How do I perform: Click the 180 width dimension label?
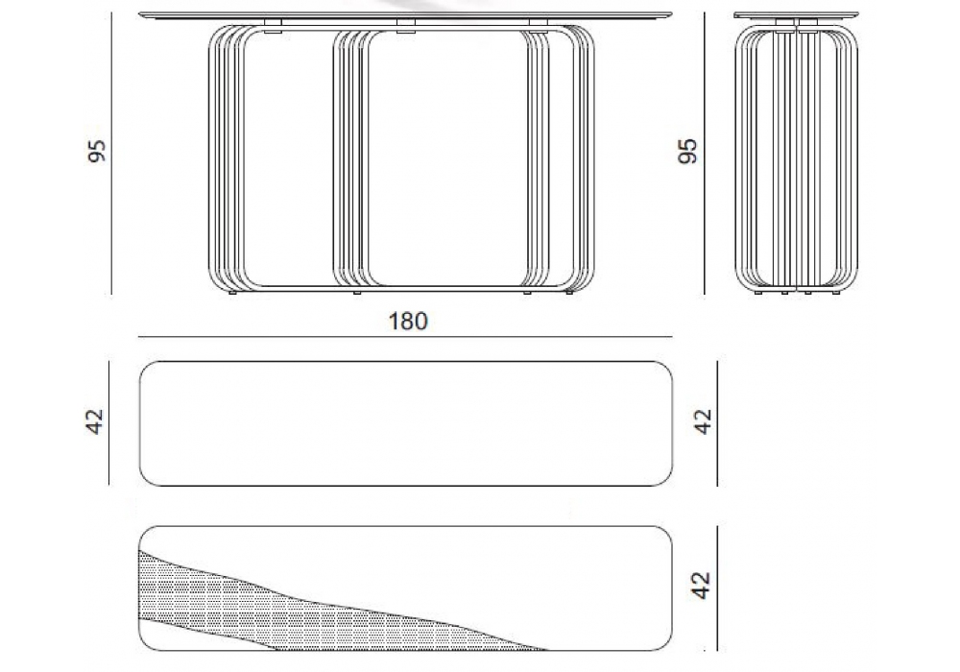click(x=408, y=322)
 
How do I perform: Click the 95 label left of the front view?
click(x=97, y=151)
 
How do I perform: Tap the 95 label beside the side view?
click(x=687, y=151)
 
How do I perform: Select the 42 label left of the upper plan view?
click(x=95, y=421)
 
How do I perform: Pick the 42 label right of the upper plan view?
click(x=703, y=421)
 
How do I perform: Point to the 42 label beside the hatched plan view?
click(x=701, y=585)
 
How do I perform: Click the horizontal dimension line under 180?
click(x=405, y=337)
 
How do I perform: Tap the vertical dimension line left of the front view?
click(x=112, y=153)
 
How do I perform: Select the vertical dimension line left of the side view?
click(x=705, y=153)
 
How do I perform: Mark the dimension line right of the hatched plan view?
click(x=717, y=588)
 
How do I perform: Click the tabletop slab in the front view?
click(x=405, y=14)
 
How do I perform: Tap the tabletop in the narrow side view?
click(x=796, y=14)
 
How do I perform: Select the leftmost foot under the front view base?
click(x=232, y=293)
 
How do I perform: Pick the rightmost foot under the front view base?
click(x=569, y=293)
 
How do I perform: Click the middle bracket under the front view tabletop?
click(x=405, y=24)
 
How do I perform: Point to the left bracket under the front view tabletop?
click(x=273, y=24)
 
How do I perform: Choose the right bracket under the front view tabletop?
click(x=539, y=24)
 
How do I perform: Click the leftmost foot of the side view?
click(x=759, y=293)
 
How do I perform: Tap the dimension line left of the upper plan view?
click(x=109, y=423)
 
